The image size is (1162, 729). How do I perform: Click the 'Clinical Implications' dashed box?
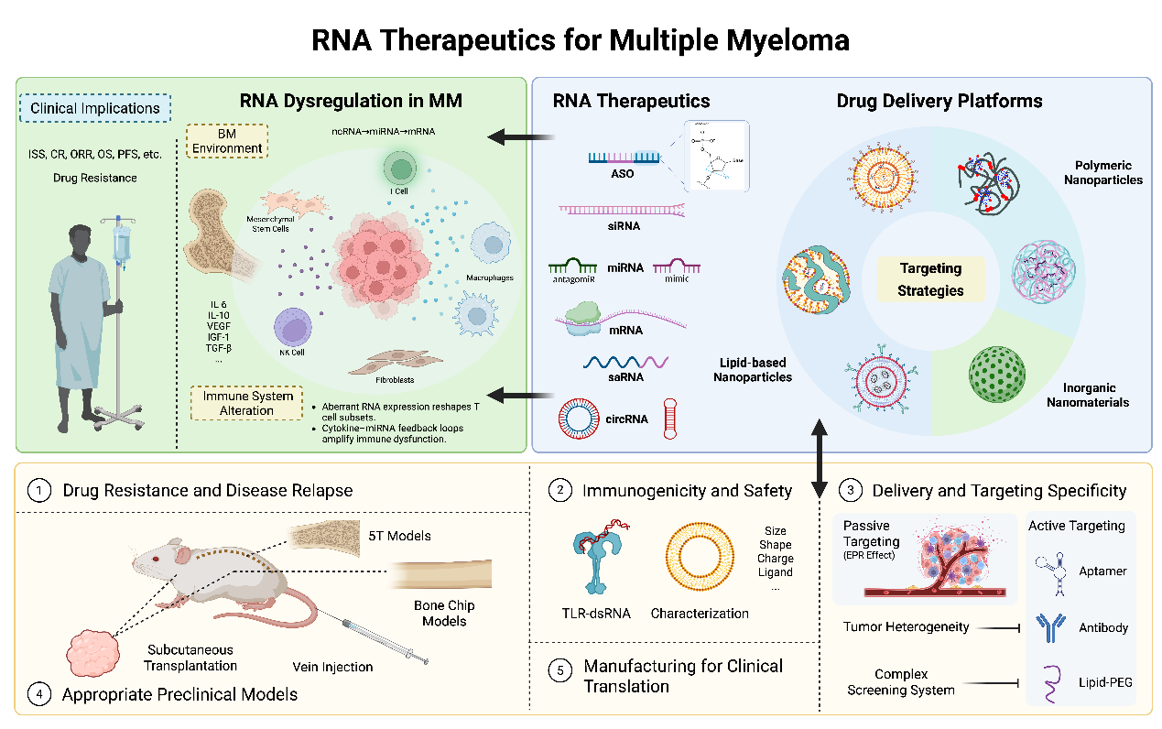95,108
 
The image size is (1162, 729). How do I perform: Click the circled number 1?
39,491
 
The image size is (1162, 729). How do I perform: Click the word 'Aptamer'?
1103,571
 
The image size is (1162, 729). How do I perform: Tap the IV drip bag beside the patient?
121,245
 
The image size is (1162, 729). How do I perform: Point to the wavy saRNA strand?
625,364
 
